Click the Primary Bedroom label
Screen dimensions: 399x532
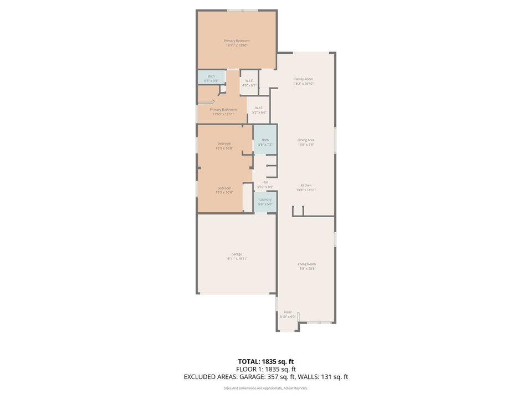(x=237, y=40)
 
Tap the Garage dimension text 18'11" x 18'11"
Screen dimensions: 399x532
(x=237, y=259)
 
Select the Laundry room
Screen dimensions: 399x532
(x=265, y=201)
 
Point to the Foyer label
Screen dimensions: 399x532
(x=288, y=312)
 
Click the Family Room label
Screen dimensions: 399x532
(x=304, y=79)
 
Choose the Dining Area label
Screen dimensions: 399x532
(x=306, y=140)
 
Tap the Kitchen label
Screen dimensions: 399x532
(x=306, y=185)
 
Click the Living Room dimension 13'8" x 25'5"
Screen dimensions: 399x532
(x=306, y=269)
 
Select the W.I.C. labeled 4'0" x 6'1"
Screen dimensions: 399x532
(x=249, y=83)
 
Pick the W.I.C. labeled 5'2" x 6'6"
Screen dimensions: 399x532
(x=259, y=110)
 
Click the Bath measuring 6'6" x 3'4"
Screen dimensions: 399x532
(x=211, y=78)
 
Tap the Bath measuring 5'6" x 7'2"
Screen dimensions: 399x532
(x=265, y=142)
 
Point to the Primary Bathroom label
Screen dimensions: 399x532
(x=223, y=110)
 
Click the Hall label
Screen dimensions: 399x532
(x=265, y=182)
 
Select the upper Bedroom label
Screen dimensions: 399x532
(x=224, y=144)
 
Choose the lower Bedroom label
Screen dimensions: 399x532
(x=224, y=188)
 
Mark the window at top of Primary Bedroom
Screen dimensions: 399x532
(x=242, y=10)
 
